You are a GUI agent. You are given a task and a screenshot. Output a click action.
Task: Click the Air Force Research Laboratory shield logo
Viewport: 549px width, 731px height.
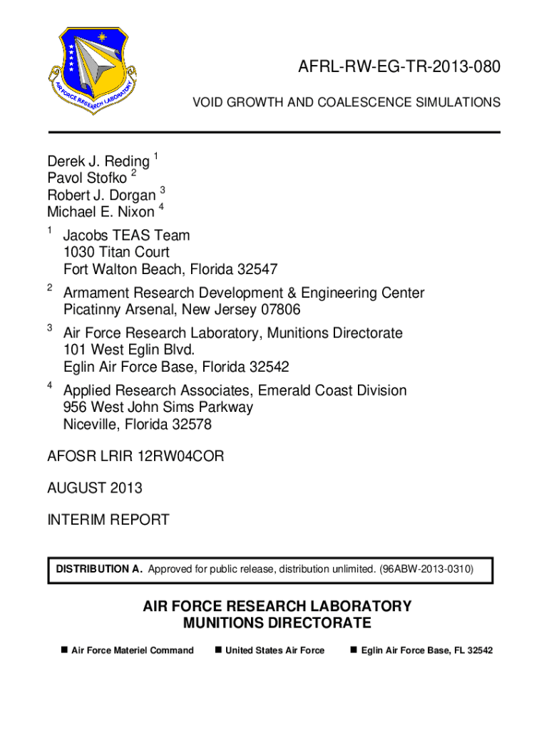click(x=92, y=71)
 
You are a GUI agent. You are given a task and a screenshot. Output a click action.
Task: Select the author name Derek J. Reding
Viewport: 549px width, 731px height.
click(x=98, y=161)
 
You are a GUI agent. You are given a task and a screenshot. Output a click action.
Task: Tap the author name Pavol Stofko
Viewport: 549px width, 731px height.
click(x=87, y=178)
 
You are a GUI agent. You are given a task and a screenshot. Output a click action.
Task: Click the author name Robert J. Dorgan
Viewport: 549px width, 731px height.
click(x=101, y=196)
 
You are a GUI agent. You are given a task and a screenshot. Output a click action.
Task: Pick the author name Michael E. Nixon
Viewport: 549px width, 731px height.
click(x=101, y=212)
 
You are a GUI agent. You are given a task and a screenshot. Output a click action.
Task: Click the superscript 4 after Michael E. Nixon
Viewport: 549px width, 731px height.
click(x=161, y=207)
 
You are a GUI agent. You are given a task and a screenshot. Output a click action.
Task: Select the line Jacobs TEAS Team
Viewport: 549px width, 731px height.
click(x=126, y=236)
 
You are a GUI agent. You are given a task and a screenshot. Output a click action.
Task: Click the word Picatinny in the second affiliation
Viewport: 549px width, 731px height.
click(x=90, y=310)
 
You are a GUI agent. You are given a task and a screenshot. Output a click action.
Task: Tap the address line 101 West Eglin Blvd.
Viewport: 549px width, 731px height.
click(x=128, y=350)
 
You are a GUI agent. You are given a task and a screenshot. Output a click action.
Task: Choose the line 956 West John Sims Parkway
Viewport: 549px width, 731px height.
click(x=158, y=408)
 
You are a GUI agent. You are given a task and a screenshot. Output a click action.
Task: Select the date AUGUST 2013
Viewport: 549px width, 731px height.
click(x=95, y=488)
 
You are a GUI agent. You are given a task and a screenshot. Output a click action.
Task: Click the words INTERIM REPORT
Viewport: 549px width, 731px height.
click(x=108, y=520)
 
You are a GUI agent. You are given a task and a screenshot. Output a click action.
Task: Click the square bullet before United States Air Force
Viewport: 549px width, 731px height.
click(x=218, y=650)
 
